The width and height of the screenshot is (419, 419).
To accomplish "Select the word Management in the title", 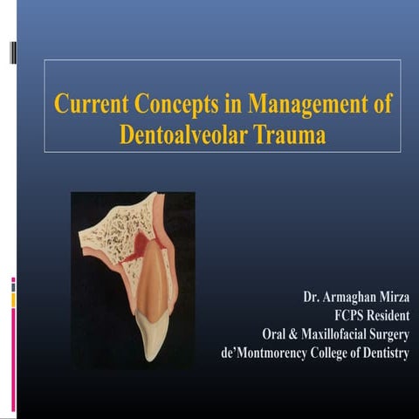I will coord(294,105).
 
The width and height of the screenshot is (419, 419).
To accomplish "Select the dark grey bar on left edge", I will coord(12,53).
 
